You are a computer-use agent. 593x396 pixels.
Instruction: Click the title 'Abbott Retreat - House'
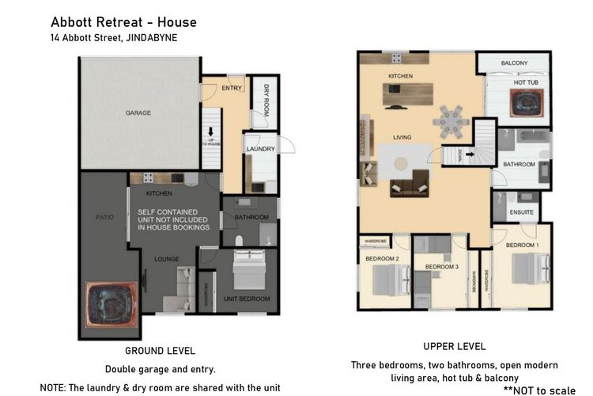[x=123, y=21]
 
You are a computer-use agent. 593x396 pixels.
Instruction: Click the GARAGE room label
[x=138, y=113]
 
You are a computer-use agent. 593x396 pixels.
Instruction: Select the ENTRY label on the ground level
[x=232, y=87]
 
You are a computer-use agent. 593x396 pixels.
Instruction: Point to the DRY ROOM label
[x=266, y=101]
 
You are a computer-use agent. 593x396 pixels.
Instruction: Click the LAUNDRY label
[x=259, y=149]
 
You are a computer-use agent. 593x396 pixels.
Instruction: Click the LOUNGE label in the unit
[x=167, y=259]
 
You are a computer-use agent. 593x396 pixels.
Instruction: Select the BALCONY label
[x=514, y=63]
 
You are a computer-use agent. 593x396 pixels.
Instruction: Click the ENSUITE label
[x=520, y=212]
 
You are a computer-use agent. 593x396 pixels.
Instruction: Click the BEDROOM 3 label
[x=441, y=267]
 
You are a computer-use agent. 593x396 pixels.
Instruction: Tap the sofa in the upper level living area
[x=410, y=188]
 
